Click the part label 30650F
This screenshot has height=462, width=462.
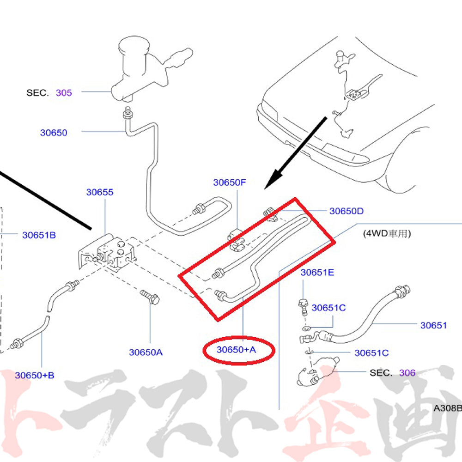[229, 182]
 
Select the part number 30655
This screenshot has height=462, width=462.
[100, 192]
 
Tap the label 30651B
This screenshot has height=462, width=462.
[39, 235]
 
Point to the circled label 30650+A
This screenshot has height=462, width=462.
[236, 349]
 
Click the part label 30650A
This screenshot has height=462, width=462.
[146, 352]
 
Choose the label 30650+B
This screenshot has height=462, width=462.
[35, 375]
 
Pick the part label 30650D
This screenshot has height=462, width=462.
[346, 211]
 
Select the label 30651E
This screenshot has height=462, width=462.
[317, 272]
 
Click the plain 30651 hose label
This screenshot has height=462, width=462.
[433, 325]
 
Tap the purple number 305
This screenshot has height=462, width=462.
[64, 92]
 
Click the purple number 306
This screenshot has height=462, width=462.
[407, 373]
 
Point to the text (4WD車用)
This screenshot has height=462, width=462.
[387, 234]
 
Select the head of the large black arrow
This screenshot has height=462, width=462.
[273, 179]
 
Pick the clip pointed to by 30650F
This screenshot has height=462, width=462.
[236, 239]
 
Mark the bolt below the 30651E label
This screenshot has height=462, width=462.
[304, 307]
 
